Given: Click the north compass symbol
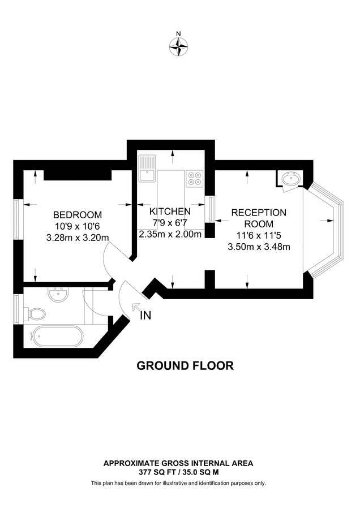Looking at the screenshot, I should tap(179, 47).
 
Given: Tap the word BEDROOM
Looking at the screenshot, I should tap(78, 215).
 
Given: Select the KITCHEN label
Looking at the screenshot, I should tap(170, 211).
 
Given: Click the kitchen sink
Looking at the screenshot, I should tap(147, 168).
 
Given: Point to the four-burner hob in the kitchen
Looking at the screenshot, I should tap(195, 179).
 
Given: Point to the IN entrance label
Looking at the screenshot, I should tap(146, 316).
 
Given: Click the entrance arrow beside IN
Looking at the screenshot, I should tap(136, 307).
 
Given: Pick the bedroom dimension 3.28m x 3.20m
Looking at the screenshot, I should tap(78, 238).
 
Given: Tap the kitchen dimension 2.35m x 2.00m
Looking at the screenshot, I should tap(170, 234).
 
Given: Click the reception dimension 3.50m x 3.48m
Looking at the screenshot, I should tap(259, 247).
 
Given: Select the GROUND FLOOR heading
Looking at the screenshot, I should tap(185, 366).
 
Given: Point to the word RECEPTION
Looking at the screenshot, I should tap(259, 213).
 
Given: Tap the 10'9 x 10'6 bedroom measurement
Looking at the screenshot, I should tap(78, 226).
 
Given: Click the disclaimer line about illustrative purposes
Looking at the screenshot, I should tap(178, 483).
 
